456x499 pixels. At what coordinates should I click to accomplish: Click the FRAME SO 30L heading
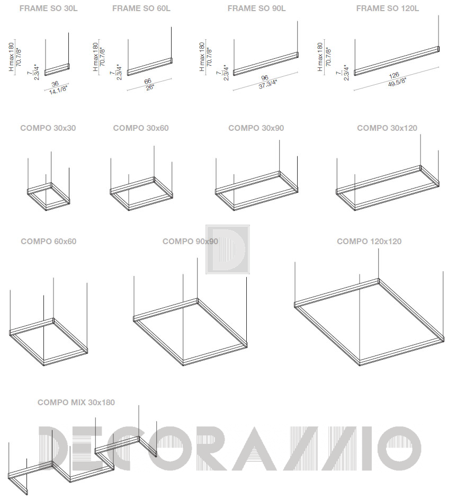(x=48, y=8)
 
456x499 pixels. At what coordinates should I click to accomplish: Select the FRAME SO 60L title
(x=141, y=8)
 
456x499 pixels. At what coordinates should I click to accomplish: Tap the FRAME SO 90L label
(x=256, y=8)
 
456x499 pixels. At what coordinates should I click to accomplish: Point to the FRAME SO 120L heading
(x=388, y=8)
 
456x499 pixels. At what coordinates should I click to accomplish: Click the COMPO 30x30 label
(x=48, y=128)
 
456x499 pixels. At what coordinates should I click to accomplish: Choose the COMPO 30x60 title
(x=141, y=128)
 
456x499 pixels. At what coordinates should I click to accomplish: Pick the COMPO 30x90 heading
(x=256, y=128)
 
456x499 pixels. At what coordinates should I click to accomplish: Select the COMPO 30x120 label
(x=387, y=128)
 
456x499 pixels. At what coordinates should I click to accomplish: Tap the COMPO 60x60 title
(x=49, y=241)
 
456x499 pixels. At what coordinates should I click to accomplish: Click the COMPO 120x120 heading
(x=369, y=241)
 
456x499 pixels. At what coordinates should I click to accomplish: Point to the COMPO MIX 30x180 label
(x=76, y=402)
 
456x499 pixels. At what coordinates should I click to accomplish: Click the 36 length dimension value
(x=55, y=84)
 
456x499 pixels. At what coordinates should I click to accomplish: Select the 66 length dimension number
(x=147, y=81)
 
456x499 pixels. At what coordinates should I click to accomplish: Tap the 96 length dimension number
(x=264, y=78)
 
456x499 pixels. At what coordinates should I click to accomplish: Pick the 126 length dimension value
(x=394, y=75)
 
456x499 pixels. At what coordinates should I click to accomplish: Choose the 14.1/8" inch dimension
(x=59, y=90)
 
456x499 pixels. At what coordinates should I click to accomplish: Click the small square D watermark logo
(x=228, y=249)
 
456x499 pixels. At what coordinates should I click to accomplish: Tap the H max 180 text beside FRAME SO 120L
(x=320, y=57)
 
